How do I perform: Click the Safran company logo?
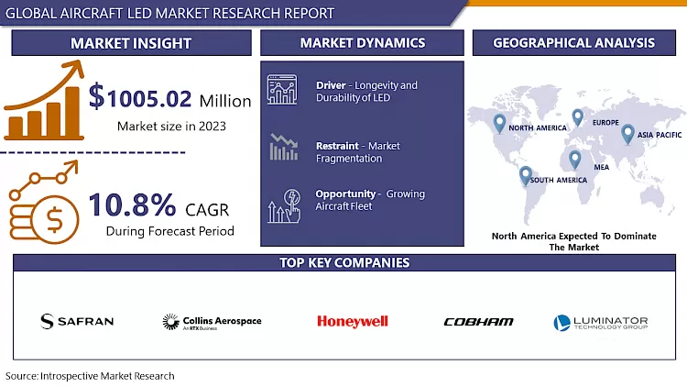[x=77, y=321]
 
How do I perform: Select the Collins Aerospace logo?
[x=212, y=321]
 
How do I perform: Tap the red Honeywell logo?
[x=353, y=321]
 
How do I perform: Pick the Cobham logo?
[x=478, y=322]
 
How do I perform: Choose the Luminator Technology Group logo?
[x=601, y=322]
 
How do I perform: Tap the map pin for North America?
[x=499, y=122]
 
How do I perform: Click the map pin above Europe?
[x=578, y=116]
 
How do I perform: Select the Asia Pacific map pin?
[x=627, y=134]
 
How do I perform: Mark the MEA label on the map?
[x=602, y=168]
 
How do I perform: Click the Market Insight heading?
[x=131, y=43]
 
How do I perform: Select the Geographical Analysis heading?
[x=573, y=42]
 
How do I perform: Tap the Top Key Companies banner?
[x=343, y=263]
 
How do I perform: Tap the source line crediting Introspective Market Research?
[x=90, y=376]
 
